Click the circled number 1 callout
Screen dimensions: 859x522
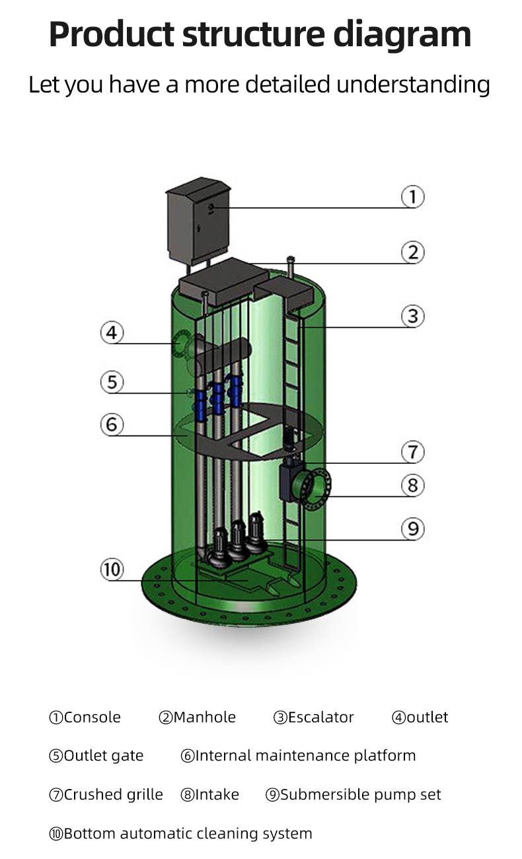[413, 197]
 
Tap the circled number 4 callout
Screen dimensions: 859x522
[112, 332]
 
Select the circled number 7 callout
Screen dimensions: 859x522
[412, 453]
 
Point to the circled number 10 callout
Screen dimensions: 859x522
[112, 569]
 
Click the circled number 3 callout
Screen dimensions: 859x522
[413, 316]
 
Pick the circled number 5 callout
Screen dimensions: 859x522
[112, 381]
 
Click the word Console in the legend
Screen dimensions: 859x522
[93, 718]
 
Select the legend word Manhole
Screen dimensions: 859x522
[204, 718]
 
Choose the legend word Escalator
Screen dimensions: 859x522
[320, 718]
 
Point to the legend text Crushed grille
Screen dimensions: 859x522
[113, 794]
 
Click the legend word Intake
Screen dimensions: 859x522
[217, 794]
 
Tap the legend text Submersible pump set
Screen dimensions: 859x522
[360, 794]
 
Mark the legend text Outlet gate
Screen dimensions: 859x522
[103, 756]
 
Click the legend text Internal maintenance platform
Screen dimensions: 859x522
[305, 756]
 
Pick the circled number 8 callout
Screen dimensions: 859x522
[412, 486]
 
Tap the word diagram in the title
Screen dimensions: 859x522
[417, 34]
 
